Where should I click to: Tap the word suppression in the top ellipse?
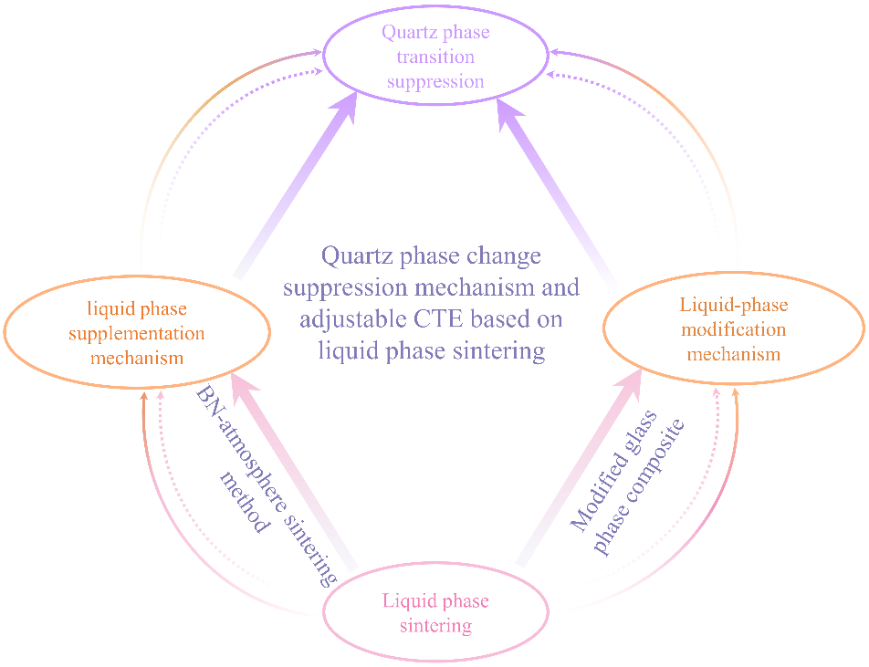click(435, 81)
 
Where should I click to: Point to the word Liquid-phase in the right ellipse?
click(734, 304)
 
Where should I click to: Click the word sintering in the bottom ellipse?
click(436, 626)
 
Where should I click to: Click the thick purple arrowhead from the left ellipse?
click(344, 108)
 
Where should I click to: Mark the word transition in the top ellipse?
click(436, 57)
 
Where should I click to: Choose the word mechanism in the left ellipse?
click(137, 357)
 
